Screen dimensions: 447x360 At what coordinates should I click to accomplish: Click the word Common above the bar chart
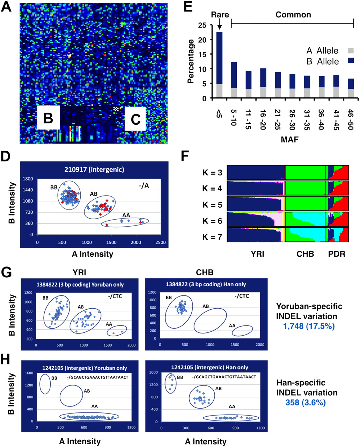pos(293,15)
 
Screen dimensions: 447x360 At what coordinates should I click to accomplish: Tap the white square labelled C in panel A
pos(135,119)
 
